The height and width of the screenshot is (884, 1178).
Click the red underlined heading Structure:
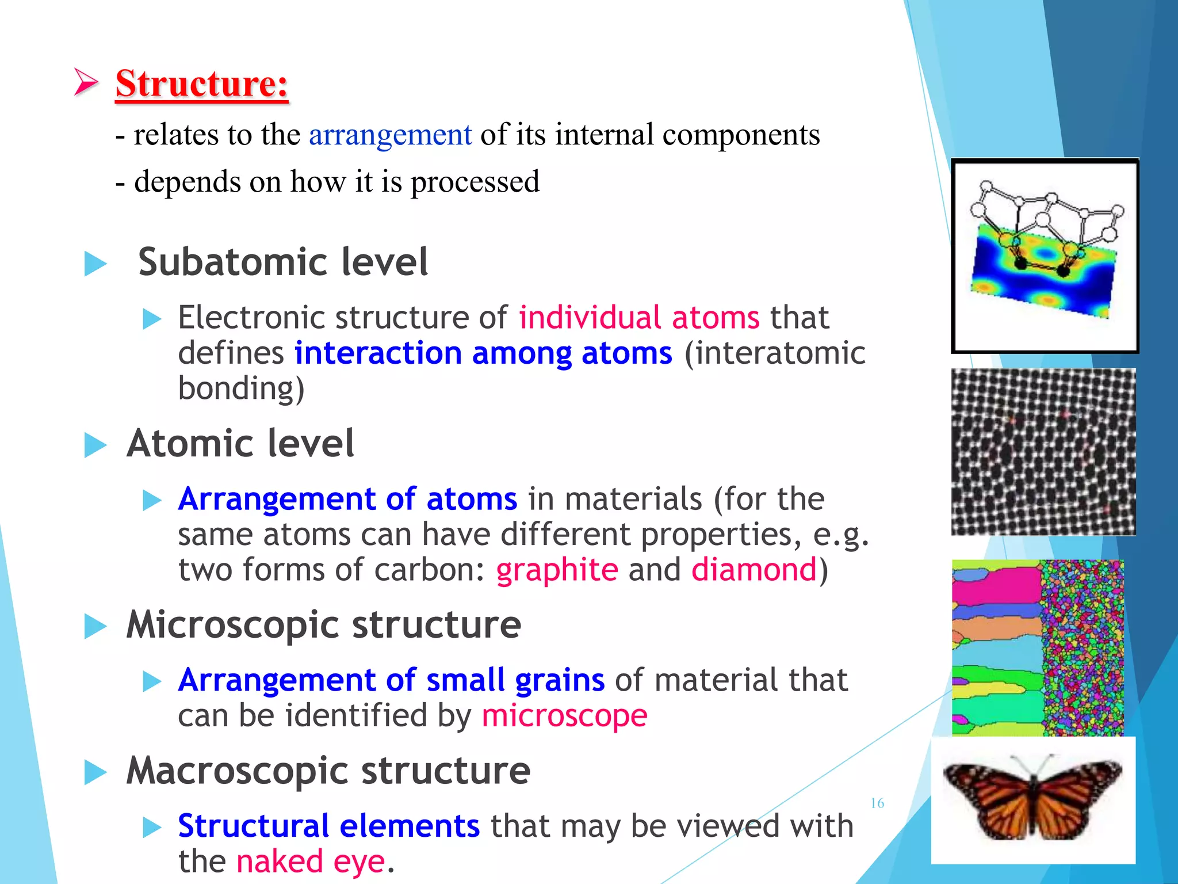tap(201, 84)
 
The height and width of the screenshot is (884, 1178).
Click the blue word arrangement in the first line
tap(390, 136)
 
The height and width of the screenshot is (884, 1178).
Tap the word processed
tap(475, 182)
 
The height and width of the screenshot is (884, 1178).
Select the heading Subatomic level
tap(283, 262)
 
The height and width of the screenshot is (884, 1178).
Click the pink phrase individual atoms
tap(639, 318)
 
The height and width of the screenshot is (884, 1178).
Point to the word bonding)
tap(241, 388)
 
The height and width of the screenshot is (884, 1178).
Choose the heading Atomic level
tap(240, 444)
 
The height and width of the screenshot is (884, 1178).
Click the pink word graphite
tap(557, 570)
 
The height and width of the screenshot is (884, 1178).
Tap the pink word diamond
tap(754, 570)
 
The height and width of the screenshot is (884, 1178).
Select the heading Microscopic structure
tap(323, 625)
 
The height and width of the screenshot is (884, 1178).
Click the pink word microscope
tap(564, 716)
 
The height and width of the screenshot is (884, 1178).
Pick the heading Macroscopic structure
tap(328, 771)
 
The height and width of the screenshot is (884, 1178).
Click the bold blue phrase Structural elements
tap(328, 826)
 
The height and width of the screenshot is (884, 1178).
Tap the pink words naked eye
tap(311, 862)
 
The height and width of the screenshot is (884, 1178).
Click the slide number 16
tap(877, 803)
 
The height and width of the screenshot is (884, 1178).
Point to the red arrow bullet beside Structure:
tap(86, 82)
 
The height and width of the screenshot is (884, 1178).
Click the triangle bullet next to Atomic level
tap(95, 445)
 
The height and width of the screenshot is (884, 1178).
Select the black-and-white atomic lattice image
tap(1043, 452)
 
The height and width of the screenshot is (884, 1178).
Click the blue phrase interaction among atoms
tap(483, 353)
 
